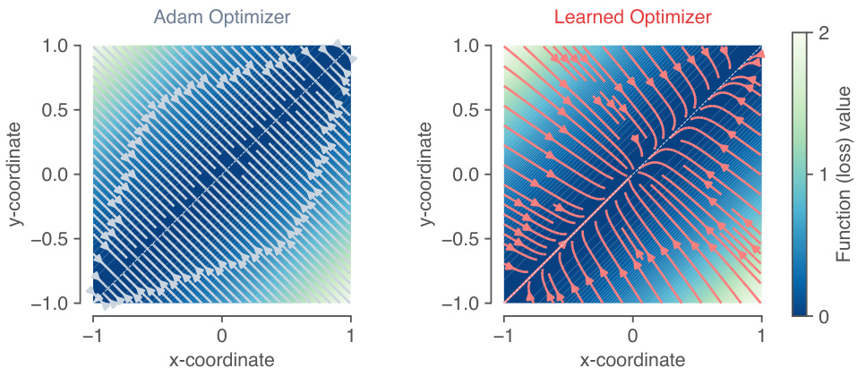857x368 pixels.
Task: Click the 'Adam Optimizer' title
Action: (221, 17)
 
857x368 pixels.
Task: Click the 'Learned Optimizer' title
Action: (632, 17)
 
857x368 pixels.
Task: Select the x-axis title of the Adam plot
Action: (222, 358)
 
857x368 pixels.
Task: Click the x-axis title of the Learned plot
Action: (633, 358)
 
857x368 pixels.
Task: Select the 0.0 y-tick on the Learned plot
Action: (473, 174)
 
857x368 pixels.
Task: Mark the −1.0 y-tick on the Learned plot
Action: (468, 303)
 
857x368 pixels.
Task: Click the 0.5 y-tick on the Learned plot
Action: (473, 109)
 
